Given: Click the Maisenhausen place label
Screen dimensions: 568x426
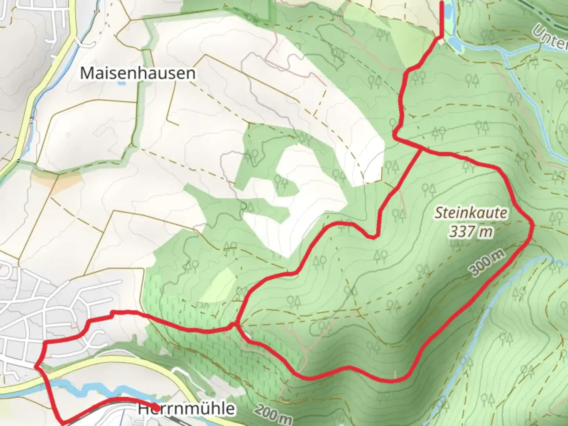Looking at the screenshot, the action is pyautogui.click(x=137, y=73).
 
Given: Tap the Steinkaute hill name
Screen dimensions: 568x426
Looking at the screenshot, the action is pyautogui.click(x=471, y=213).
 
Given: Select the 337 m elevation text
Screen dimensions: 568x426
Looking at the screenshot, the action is pyautogui.click(x=471, y=232).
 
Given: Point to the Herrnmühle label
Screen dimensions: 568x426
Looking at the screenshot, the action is pyautogui.click(x=186, y=409).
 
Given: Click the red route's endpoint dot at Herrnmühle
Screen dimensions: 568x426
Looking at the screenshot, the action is pyautogui.click(x=156, y=407).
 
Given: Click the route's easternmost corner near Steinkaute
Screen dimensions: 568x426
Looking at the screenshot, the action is pyautogui.click(x=532, y=224).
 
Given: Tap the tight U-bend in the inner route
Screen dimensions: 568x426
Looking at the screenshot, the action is pyautogui.click(x=372, y=237).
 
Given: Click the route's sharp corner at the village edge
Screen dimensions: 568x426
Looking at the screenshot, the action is pyautogui.click(x=36, y=366).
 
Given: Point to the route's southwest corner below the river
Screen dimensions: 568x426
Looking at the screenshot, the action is pyautogui.click(x=63, y=421).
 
